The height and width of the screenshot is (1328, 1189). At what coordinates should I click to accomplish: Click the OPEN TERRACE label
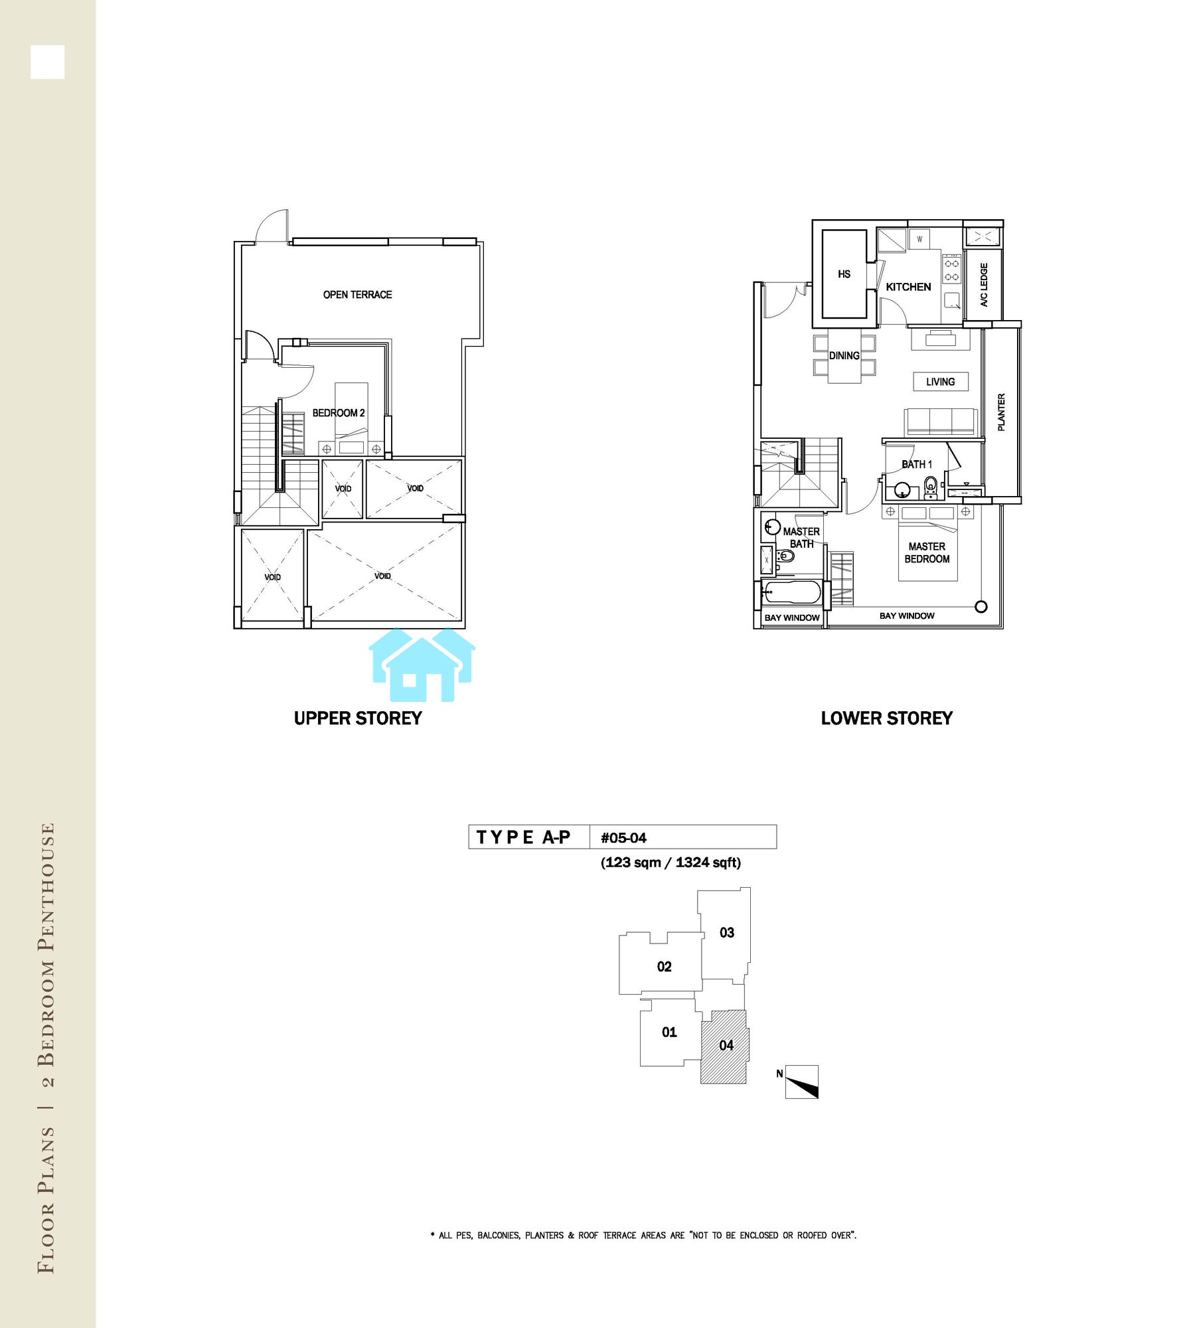coord(357,295)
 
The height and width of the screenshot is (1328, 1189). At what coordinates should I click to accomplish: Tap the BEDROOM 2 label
coord(339,413)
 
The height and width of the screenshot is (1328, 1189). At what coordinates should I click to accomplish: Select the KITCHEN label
coord(908,287)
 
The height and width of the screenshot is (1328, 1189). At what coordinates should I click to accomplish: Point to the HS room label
coord(844,274)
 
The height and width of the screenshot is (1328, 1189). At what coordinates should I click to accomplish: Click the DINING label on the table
coord(844,356)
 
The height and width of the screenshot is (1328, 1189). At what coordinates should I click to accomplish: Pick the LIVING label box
coord(940,382)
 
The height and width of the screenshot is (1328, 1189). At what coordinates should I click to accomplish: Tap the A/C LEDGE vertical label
coord(984,285)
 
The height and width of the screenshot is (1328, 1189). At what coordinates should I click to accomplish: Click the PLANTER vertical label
coord(1001,412)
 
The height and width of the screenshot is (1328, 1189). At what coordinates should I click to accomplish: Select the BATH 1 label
coord(916,464)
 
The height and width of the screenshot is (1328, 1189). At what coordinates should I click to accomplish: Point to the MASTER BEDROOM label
coord(927,552)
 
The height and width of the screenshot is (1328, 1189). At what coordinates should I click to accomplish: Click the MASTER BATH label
coord(801,537)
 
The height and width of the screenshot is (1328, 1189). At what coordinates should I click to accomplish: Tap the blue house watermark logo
coord(422,665)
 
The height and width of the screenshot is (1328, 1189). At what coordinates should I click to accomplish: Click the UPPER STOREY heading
coord(358,718)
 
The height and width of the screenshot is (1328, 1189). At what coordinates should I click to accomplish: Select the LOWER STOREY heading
coord(886,718)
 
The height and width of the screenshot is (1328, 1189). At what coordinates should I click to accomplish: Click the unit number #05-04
coord(623,838)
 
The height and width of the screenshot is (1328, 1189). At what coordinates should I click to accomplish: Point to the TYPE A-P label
coord(523,837)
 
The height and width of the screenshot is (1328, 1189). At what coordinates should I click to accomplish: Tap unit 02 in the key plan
coord(664,967)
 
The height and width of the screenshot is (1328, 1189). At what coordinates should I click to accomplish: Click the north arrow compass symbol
coord(801,1082)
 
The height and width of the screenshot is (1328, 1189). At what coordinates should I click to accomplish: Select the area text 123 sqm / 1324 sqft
coord(671,863)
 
